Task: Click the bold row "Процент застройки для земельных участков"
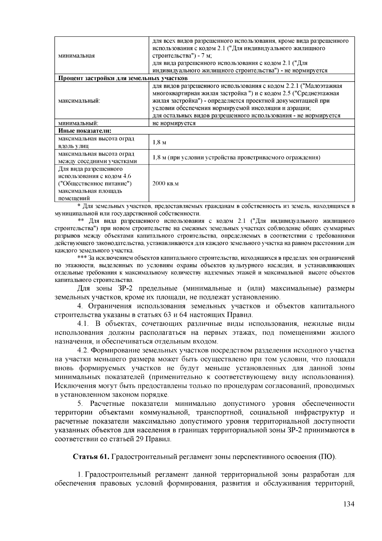click(123, 78)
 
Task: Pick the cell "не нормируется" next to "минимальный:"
click(174, 123)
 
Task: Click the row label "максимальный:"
click(79, 101)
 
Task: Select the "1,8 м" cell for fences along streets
click(159, 143)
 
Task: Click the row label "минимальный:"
click(78, 123)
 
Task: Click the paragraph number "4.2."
click(84, 350)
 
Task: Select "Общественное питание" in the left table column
click(95, 184)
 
